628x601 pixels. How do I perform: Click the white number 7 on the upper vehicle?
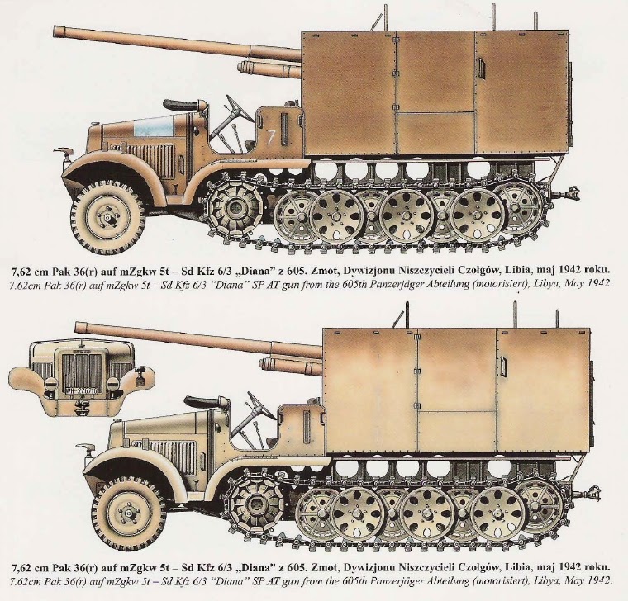pyautogui.click(x=271, y=137)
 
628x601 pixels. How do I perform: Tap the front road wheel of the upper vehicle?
pyautogui.click(x=107, y=217)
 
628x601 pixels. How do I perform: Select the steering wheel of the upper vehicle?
pyautogui.click(x=240, y=108)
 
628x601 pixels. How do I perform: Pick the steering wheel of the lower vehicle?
pyautogui.click(x=261, y=405)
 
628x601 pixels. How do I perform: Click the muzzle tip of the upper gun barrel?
pyautogui.click(x=55, y=31)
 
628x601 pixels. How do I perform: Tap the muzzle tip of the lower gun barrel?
pyautogui.click(x=77, y=327)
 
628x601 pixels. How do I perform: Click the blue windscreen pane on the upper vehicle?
pyautogui.click(x=155, y=126)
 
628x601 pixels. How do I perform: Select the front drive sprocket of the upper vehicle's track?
pyautogui.click(x=235, y=207)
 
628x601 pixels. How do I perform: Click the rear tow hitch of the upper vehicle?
pyautogui.click(x=568, y=195)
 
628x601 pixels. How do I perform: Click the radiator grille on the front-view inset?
pyautogui.click(x=82, y=368)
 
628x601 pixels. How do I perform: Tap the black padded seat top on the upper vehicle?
pyautogui.click(x=181, y=105)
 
